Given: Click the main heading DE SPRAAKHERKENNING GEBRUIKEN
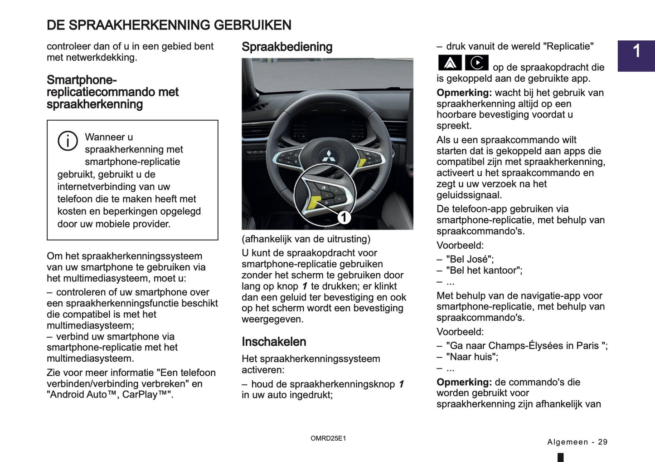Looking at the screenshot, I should point(169,25).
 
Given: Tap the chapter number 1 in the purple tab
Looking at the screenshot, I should point(636,51).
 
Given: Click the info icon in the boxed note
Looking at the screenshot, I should point(68,141).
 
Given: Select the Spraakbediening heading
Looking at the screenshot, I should point(287,47).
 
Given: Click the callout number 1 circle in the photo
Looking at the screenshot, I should point(344,217).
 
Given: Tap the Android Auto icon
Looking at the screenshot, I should point(450,63).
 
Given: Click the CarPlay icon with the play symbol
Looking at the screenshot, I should point(476,63).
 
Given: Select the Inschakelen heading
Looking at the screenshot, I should point(274,342).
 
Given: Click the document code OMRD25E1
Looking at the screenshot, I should point(328,438).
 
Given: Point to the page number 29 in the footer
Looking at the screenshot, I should point(602,442).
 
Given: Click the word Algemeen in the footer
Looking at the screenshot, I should point(568,442).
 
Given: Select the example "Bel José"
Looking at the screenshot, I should point(470,259).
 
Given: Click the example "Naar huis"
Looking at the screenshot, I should point(471,357).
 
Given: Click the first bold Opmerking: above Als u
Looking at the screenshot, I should point(464,93).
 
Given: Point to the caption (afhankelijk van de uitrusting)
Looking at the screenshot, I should point(306,239).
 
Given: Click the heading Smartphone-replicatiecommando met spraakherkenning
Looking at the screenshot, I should point(112,92).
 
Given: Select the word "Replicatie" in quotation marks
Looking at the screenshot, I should point(569,46).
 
